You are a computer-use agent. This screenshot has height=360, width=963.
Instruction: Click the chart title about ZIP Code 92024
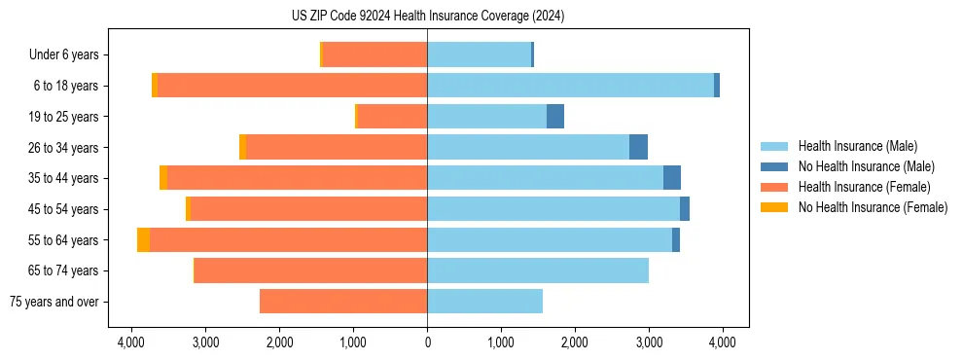click(x=427, y=17)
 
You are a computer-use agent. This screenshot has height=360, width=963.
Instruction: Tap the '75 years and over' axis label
click(x=53, y=302)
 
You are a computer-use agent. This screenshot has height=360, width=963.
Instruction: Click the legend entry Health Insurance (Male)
click(x=856, y=146)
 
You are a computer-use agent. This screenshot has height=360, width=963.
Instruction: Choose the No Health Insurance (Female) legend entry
click(x=873, y=207)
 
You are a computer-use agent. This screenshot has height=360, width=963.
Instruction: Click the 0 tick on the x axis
click(x=427, y=342)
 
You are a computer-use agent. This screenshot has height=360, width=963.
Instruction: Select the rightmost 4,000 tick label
click(x=722, y=342)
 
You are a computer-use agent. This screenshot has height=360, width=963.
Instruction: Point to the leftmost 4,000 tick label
click(x=132, y=342)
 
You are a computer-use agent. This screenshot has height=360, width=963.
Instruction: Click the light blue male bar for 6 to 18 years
click(x=570, y=86)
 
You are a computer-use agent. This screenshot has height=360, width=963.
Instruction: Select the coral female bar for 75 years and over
click(x=343, y=302)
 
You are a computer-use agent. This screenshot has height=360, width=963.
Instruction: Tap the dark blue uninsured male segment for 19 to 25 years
click(x=555, y=117)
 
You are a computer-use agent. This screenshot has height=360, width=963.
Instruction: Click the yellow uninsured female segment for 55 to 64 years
click(x=143, y=240)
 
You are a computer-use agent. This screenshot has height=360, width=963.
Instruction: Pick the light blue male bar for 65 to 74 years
click(x=538, y=270)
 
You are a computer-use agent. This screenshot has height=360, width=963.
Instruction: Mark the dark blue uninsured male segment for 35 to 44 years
click(x=672, y=178)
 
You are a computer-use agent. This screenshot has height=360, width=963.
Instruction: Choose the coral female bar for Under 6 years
click(x=374, y=54)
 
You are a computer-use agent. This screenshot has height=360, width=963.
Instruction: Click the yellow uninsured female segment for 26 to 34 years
click(x=242, y=147)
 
